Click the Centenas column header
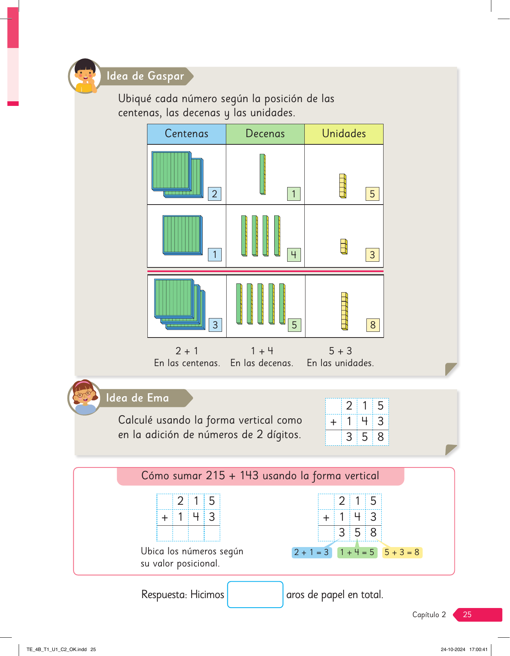click(187, 134)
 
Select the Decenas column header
click(265, 134)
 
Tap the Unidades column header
click(344, 134)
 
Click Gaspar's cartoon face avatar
click(85, 76)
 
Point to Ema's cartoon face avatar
click(85, 397)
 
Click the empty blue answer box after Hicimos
click(255, 594)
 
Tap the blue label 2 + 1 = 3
click(312, 552)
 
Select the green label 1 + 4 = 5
click(357, 552)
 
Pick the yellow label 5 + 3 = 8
click(402, 552)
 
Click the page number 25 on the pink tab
click(467, 614)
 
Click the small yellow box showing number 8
click(373, 325)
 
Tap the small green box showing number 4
click(294, 254)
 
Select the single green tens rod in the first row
click(262, 174)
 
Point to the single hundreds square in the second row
click(182, 235)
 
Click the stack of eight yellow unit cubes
click(344, 311)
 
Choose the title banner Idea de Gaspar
click(145, 76)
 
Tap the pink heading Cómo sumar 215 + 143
click(261, 476)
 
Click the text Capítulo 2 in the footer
click(429, 614)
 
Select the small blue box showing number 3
click(215, 325)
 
